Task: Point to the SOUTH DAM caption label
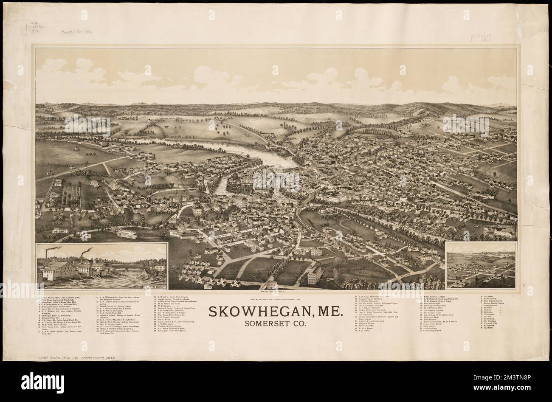pos(155,287)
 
